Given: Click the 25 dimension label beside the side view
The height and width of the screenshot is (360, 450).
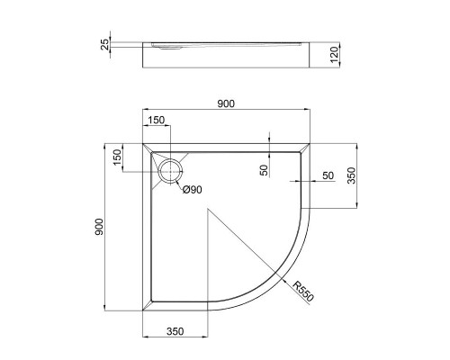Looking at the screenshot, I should (105, 44).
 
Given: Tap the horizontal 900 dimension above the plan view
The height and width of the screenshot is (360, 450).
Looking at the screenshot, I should (225, 104).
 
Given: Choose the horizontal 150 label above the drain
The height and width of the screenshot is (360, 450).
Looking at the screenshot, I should (157, 121).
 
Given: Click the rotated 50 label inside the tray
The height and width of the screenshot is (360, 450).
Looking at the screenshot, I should (263, 170).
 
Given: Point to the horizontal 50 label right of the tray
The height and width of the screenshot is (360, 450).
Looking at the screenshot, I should (328, 174).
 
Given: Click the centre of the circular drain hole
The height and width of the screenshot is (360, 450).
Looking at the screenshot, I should (169, 170).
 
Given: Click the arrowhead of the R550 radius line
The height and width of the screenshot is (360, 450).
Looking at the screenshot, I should (286, 276).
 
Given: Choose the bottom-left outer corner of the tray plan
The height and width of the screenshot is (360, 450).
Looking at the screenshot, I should (142, 309).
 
